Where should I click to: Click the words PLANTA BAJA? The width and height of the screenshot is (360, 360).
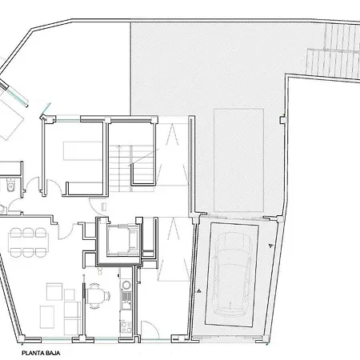(x=41, y=353)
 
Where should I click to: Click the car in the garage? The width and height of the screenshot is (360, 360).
(x=233, y=274)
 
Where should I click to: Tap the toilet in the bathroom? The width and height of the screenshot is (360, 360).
(x=10, y=185)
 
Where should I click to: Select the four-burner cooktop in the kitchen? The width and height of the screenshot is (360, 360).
(x=126, y=327)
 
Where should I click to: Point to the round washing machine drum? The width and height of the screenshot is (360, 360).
(x=126, y=285)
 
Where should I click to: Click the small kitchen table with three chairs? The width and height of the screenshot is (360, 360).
(x=98, y=296)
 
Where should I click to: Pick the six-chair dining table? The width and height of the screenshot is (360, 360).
(x=28, y=242)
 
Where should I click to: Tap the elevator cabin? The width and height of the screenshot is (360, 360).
(x=123, y=239)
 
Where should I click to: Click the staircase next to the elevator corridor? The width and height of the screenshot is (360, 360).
(x=132, y=169)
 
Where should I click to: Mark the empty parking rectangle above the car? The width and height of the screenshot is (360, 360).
(x=238, y=160)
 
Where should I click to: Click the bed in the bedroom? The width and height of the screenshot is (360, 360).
(x=82, y=150)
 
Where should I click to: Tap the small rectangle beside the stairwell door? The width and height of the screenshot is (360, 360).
(x=104, y=206)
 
